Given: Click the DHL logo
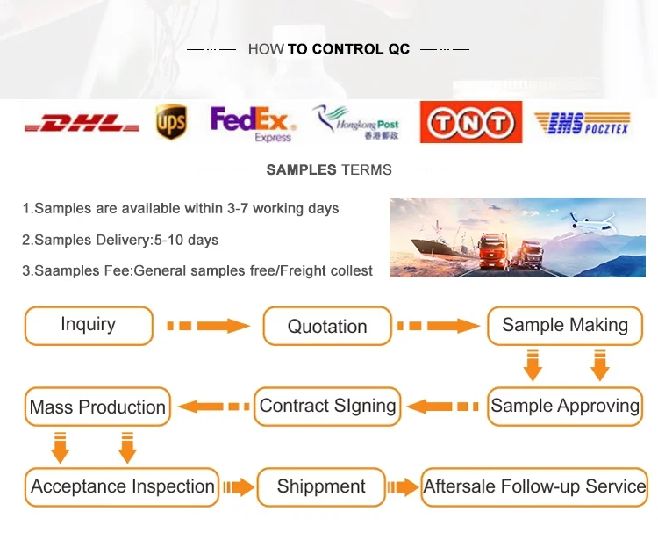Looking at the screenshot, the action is point(82,122).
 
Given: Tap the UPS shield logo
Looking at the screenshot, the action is point(171,122).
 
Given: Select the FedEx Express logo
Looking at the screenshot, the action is point(253,124).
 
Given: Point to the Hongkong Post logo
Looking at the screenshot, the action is point(355,122).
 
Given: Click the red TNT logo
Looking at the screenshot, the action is point(471,122).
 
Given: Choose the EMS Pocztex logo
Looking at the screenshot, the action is point(583,123).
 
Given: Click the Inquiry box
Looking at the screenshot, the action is point(89,326).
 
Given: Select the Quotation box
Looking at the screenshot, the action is point(327,326).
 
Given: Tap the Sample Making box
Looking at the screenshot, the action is point(565,326).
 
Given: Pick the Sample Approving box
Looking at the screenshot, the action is point(565,407).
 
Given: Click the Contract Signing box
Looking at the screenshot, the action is point(327,407).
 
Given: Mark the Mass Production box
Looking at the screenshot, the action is point(97,407).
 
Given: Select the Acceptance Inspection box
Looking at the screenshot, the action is point(122,487).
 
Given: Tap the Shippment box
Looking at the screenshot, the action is point(321,487).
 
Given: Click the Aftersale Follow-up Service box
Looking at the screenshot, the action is point(534,487).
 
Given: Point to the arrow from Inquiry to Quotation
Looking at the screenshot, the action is point(208,326).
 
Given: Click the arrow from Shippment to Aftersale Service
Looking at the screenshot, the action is point(403,487).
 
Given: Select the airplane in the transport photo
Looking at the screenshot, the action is point(592,223).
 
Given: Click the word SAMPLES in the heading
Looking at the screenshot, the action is point(301,169).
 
